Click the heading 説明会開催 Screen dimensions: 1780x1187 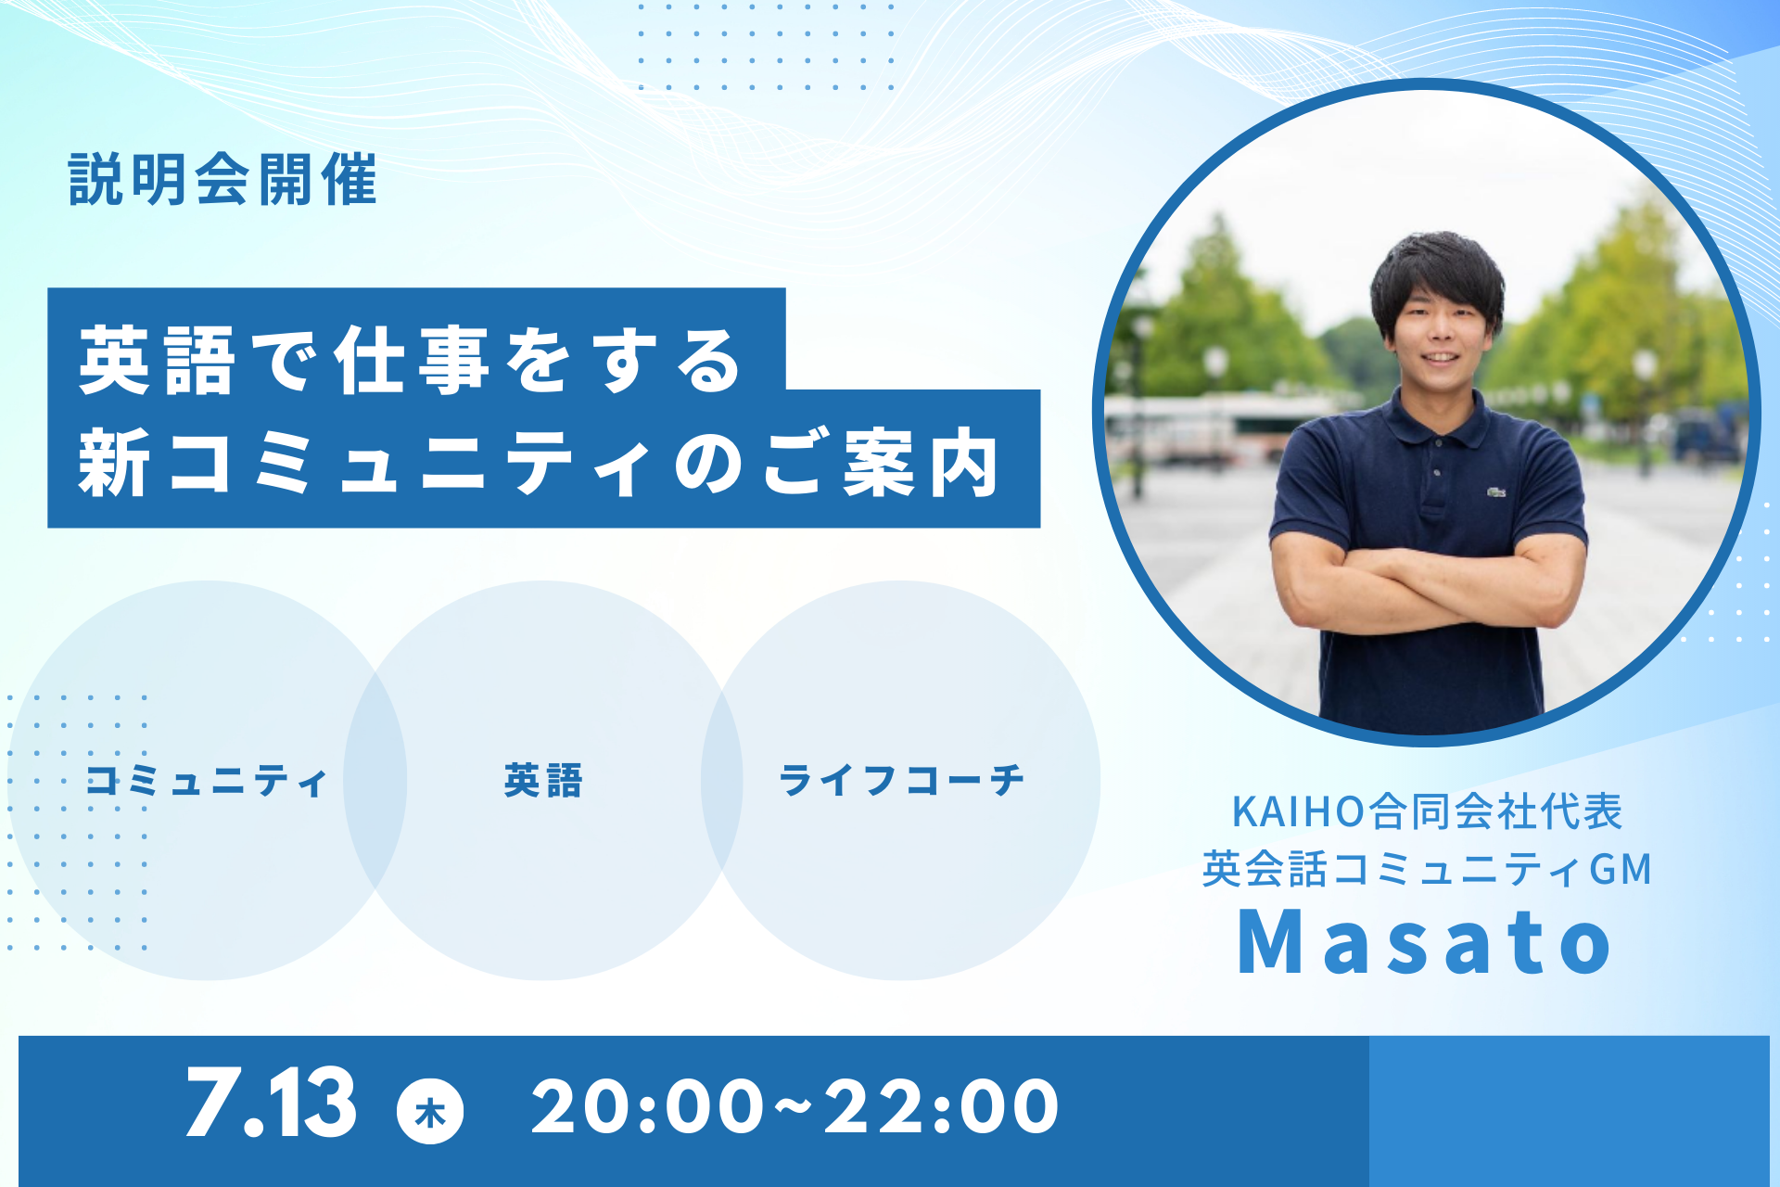222,179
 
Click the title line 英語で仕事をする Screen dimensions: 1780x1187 411,361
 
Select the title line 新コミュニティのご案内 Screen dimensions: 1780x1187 539,462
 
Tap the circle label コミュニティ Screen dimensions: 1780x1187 207,781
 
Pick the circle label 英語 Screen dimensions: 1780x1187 543,781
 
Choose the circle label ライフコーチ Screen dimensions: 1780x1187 901,781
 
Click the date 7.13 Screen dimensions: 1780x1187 271,1102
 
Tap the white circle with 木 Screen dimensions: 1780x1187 430,1110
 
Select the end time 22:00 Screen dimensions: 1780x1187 941,1106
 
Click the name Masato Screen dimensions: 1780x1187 1426,942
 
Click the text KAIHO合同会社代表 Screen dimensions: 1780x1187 1428,811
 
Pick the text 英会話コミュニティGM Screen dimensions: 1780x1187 1428,869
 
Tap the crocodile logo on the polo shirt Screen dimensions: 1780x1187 1495,491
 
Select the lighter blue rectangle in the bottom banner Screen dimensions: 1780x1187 1569,1111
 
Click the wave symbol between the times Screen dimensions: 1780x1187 794,1103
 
